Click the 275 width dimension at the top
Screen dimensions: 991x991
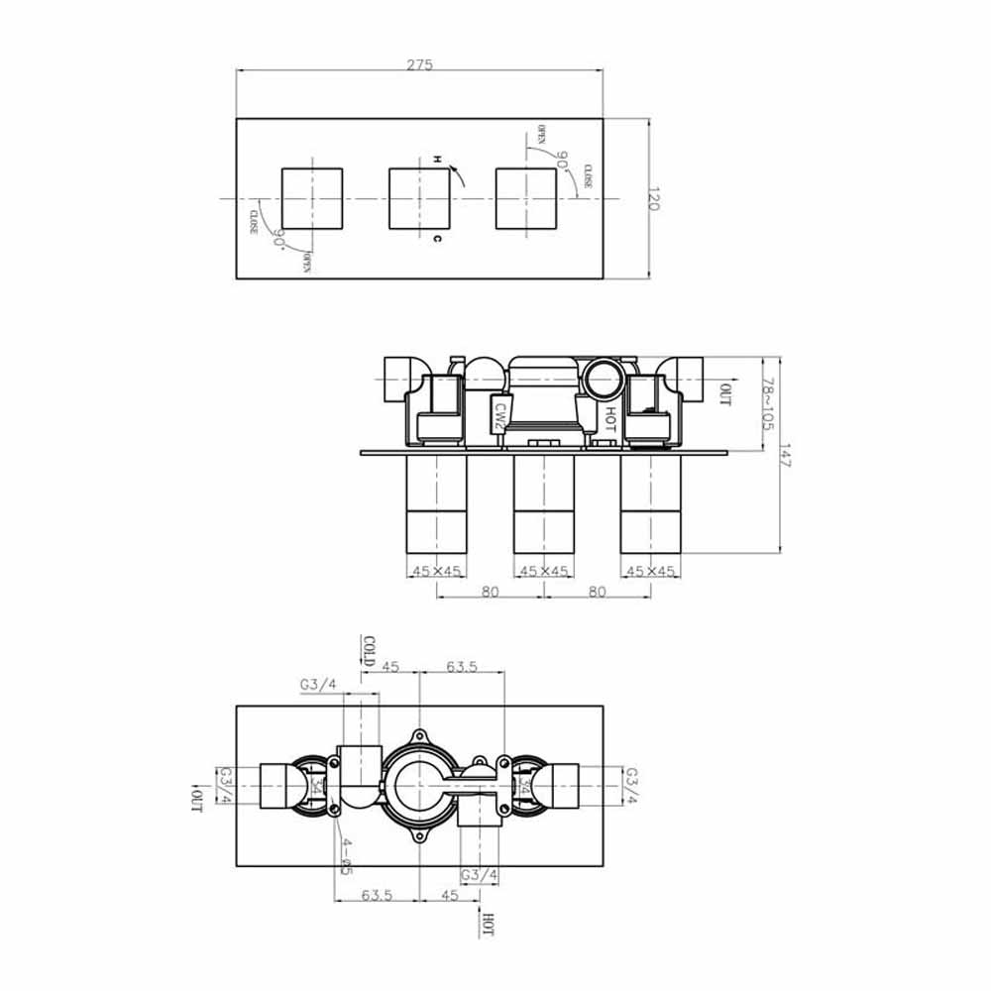pyautogui.click(x=419, y=64)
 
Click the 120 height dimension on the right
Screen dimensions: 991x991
pyautogui.click(x=653, y=199)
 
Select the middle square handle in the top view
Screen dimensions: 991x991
pyautogui.click(x=418, y=198)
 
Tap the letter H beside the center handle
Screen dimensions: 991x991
pyautogui.click(x=437, y=159)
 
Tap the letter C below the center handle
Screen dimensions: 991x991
pyautogui.click(x=437, y=239)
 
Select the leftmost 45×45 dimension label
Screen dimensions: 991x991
pyautogui.click(x=436, y=571)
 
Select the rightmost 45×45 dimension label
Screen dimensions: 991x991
pyautogui.click(x=651, y=571)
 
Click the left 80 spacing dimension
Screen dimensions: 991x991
pyautogui.click(x=491, y=592)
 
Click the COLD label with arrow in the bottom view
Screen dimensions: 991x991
pyautogui.click(x=369, y=652)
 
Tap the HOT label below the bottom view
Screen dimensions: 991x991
pyautogui.click(x=487, y=924)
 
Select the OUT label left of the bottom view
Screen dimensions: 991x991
pyautogui.click(x=196, y=799)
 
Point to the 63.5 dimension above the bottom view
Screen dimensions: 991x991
pyautogui.click(x=462, y=667)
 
